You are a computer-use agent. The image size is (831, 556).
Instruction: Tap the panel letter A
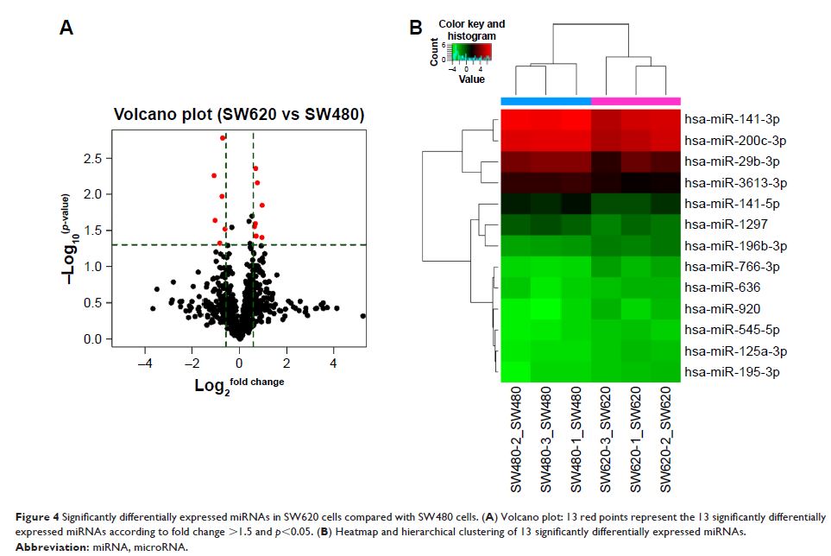click(x=66, y=28)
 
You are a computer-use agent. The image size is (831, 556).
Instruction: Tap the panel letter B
click(x=415, y=28)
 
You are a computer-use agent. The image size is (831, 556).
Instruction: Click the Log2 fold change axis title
click(x=239, y=384)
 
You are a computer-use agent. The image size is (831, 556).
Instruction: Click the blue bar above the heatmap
click(x=545, y=101)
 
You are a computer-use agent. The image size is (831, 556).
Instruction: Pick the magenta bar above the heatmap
click(x=636, y=101)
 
